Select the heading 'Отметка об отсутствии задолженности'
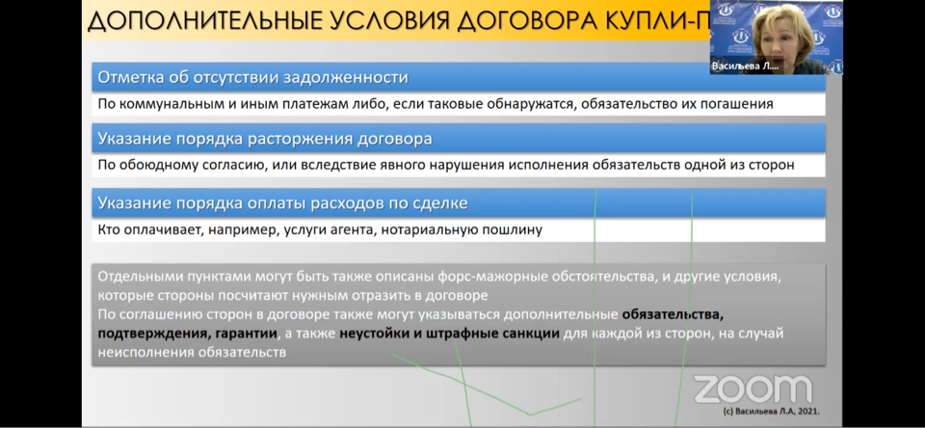click(x=252, y=77)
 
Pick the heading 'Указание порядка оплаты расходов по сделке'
click(x=282, y=203)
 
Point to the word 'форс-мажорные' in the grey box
click(x=496, y=277)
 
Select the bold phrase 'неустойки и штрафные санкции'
click(x=450, y=334)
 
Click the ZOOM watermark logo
click(x=753, y=389)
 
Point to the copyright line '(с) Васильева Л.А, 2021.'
click(x=771, y=412)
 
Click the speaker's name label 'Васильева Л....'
click(x=745, y=67)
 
